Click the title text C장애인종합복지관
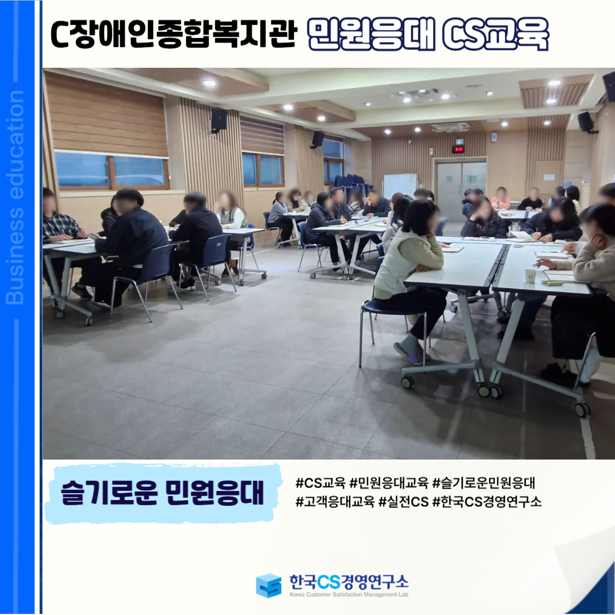click(x=173, y=35)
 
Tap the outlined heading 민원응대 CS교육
click(x=428, y=34)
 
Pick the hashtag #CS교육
click(x=321, y=483)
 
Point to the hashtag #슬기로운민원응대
click(x=483, y=483)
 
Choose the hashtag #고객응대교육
click(x=335, y=501)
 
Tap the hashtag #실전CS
click(x=403, y=501)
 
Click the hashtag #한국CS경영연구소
click(x=487, y=501)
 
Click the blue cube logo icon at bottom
click(x=269, y=585)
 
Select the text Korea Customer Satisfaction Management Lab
click(x=348, y=594)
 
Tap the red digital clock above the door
click(x=458, y=149)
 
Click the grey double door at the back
click(x=461, y=190)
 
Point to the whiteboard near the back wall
click(x=400, y=186)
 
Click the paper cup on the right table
click(x=530, y=276)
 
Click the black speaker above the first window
click(x=219, y=119)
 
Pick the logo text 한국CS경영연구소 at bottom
click(x=348, y=581)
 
